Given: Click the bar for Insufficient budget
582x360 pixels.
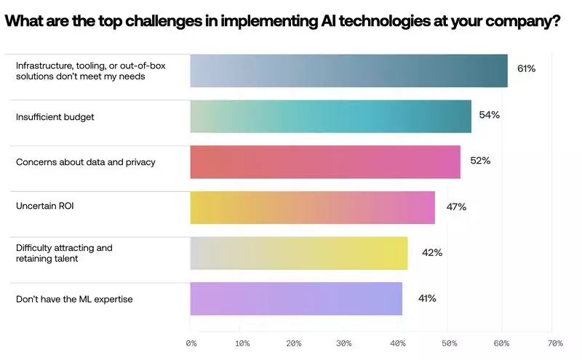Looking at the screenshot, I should [330, 116].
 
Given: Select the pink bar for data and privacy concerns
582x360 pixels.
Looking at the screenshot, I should [325, 161].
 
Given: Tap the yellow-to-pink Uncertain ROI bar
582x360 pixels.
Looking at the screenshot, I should [312, 207].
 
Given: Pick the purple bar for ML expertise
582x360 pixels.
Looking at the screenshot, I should [295, 299].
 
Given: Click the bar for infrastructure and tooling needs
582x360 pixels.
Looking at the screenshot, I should [348, 71].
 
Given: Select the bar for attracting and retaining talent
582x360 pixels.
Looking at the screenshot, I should [298, 253].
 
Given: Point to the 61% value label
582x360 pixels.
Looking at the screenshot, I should [526, 68].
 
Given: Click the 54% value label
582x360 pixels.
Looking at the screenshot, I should [490, 115].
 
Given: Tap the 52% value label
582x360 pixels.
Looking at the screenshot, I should [480, 161].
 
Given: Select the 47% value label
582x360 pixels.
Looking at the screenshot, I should [456, 207].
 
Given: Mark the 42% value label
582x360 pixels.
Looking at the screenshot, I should [432, 252].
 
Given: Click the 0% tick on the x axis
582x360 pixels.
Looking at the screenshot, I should [191, 343].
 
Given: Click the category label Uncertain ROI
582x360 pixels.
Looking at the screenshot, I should [45, 207].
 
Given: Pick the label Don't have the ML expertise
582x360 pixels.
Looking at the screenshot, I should [74, 299].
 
